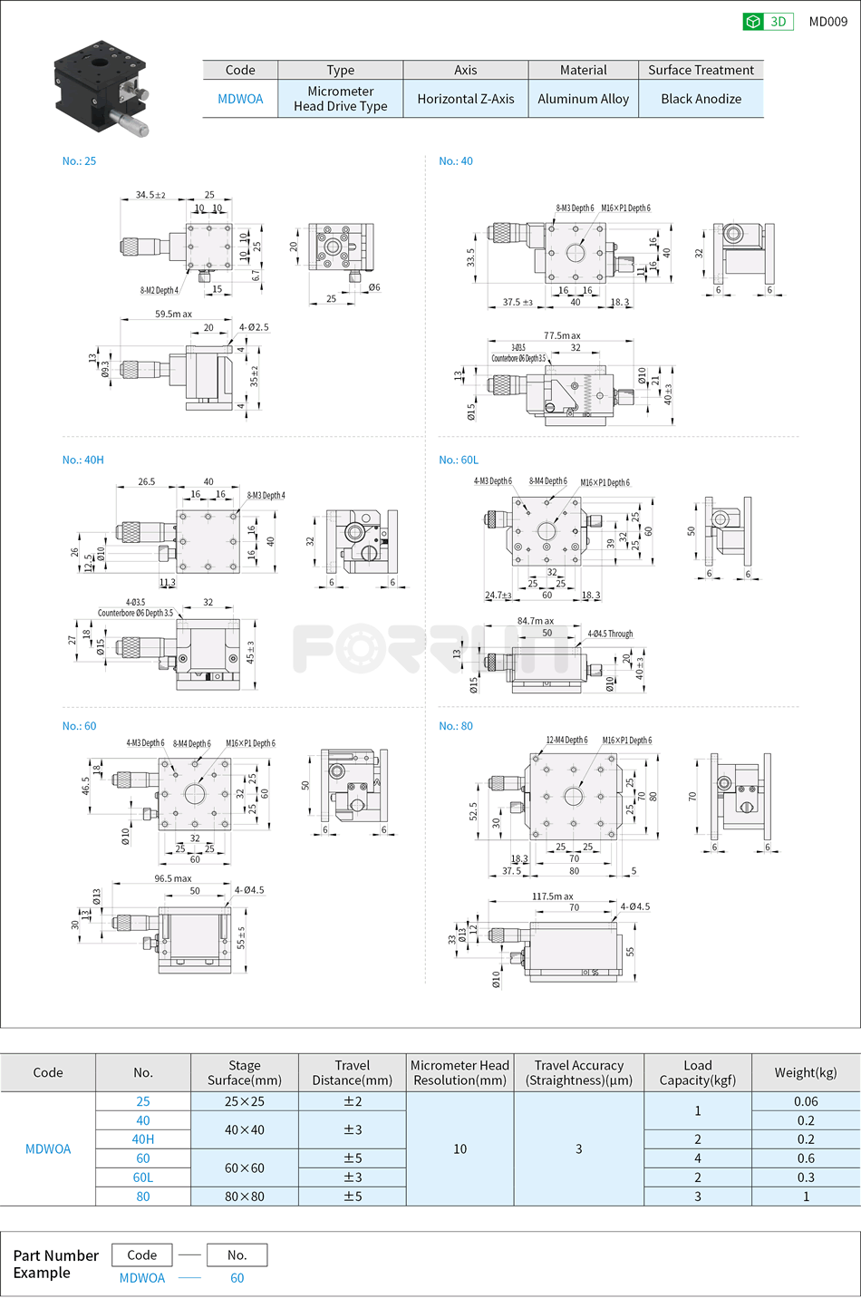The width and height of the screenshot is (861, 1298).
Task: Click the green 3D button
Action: click(768, 22)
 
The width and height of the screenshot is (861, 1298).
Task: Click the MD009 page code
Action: click(827, 22)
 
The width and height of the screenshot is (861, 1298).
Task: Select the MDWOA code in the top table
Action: click(240, 99)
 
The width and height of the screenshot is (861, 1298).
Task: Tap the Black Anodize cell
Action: click(701, 99)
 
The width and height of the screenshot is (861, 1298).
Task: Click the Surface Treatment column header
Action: click(701, 70)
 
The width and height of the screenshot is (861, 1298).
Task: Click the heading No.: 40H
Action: click(83, 460)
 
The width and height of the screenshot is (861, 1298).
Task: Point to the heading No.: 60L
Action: click(459, 460)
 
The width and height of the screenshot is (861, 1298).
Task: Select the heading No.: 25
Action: click(79, 160)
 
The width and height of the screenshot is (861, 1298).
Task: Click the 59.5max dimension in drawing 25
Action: click(173, 314)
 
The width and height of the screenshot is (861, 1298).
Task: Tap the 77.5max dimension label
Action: click(562, 335)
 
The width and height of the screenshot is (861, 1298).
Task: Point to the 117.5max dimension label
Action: click(552, 896)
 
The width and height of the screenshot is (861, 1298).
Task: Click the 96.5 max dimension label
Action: click(172, 878)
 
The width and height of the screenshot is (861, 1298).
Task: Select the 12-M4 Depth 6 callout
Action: click(566, 740)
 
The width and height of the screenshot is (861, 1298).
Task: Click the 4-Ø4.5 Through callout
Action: click(610, 634)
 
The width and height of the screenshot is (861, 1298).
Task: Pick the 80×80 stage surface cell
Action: click(245, 1196)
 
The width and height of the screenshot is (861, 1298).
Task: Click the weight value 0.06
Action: click(806, 1101)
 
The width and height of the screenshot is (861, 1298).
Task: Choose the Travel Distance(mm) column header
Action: click(352, 1072)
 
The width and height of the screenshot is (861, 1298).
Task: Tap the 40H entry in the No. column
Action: click(143, 1139)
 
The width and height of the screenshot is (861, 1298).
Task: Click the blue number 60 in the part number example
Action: click(237, 1278)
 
